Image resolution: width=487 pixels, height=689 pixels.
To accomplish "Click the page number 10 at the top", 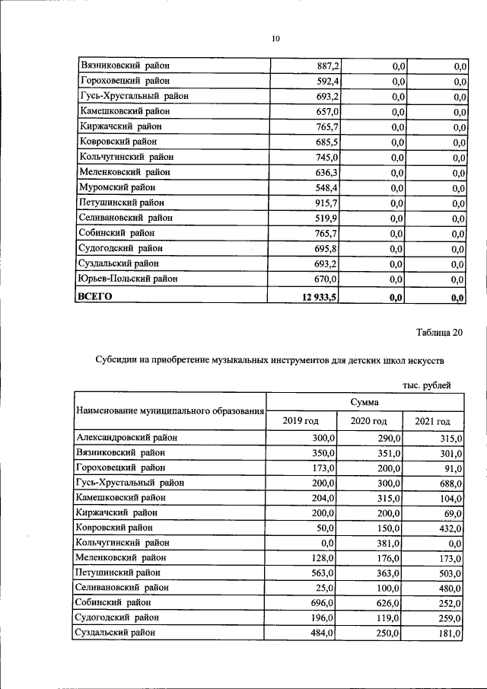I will point(275,39).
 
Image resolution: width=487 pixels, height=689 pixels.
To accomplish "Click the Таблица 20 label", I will point(439,331).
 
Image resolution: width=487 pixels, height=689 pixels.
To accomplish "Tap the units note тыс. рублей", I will point(427,386).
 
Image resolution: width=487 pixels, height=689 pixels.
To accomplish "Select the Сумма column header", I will point(364,402).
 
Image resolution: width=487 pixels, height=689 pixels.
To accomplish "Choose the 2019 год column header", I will point(301,421).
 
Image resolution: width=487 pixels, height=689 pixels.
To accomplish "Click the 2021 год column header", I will point(432,421).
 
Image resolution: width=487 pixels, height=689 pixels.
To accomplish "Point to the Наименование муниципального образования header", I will point(170,412).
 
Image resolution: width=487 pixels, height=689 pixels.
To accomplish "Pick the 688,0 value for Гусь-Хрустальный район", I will point(449,483).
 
